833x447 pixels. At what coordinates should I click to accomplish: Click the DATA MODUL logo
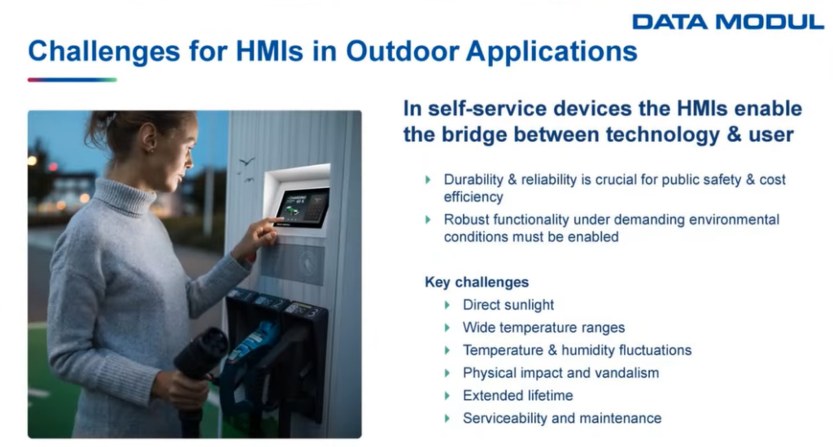point(728,22)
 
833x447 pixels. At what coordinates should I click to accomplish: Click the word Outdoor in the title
point(402,51)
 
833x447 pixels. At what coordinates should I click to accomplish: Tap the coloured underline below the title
point(72,80)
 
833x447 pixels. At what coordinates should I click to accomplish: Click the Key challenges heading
point(477,282)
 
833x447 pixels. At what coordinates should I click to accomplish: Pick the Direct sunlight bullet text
point(508,305)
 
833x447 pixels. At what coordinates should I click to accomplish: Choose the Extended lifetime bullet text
point(517,396)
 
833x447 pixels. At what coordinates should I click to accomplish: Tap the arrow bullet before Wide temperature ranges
point(447,328)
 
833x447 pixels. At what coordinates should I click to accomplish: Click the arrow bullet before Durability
point(428,180)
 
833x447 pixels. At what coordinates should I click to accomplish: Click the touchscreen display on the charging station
point(302,207)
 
